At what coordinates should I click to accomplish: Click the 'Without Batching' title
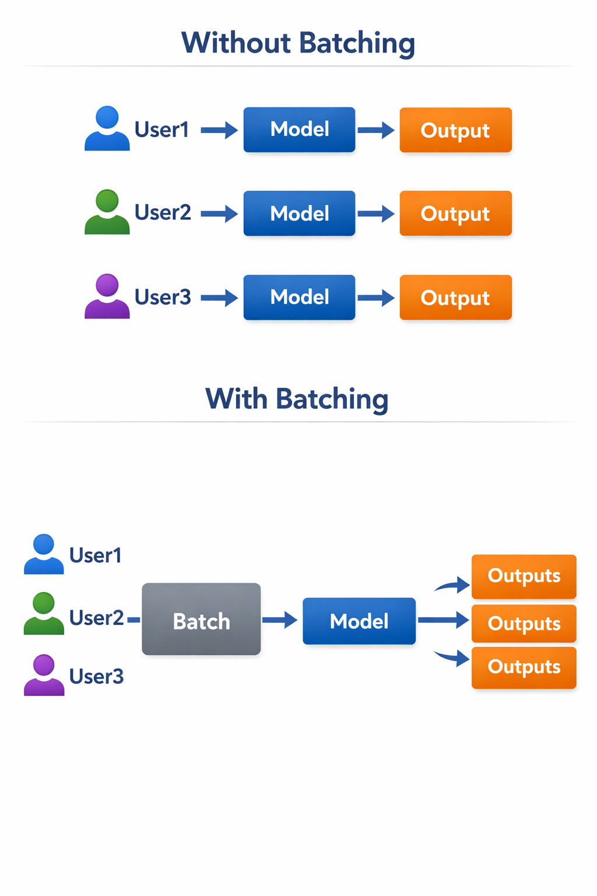(x=298, y=43)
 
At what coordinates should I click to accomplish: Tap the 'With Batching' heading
(x=297, y=400)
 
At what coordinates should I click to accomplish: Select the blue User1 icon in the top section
(x=107, y=128)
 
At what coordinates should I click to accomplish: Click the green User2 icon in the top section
(x=107, y=212)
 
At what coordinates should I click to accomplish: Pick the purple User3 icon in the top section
(x=107, y=296)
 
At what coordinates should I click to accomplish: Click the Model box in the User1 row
(x=299, y=129)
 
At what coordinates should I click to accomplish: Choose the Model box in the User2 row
(x=299, y=213)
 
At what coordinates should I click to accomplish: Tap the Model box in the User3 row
(x=299, y=297)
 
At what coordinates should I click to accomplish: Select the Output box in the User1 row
(x=455, y=130)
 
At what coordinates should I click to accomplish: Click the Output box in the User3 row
(x=455, y=297)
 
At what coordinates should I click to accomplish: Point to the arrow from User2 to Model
(x=219, y=213)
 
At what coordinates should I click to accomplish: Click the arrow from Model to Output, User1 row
(x=376, y=129)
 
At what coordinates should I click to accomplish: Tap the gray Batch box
(x=201, y=619)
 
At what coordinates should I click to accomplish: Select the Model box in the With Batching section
(x=359, y=621)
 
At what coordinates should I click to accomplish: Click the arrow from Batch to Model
(x=280, y=619)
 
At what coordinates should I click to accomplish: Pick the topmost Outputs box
(x=524, y=576)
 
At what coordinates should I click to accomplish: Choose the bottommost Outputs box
(x=524, y=667)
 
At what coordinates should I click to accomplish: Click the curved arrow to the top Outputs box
(x=454, y=585)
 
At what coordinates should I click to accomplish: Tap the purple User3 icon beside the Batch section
(x=44, y=675)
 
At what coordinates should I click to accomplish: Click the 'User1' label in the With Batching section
(x=96, y=555)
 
